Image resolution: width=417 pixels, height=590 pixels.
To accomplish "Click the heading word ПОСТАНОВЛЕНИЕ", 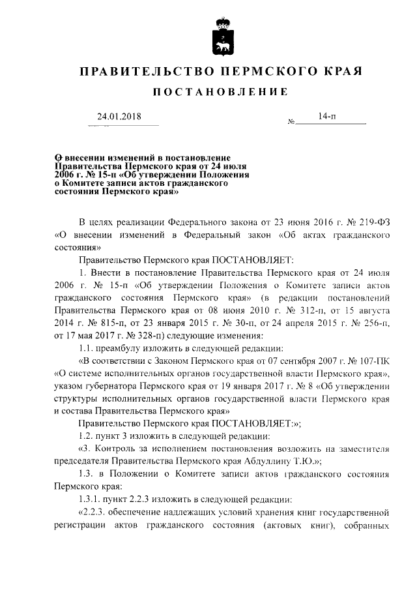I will [x=220, y=93].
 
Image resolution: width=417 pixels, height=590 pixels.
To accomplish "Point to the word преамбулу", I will [x=121, y=349].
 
